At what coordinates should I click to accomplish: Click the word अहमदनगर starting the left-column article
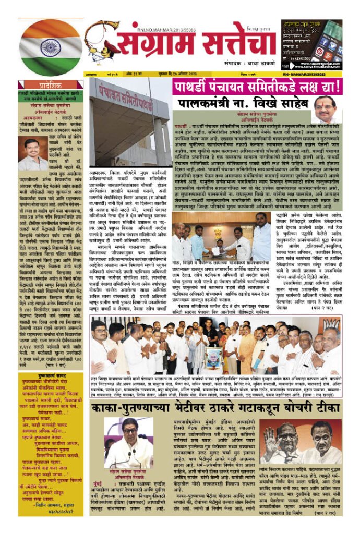pyautogui.click(x=31, y=118)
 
